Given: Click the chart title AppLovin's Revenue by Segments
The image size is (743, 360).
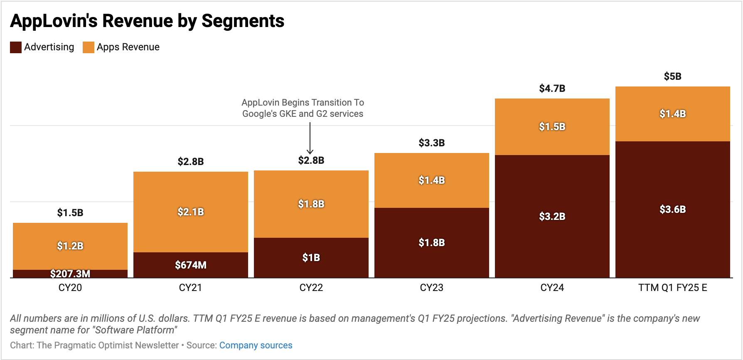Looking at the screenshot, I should point(147,21).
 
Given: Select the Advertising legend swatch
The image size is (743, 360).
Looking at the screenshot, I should point(16,47).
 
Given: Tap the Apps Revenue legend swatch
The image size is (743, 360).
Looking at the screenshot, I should point(89,47).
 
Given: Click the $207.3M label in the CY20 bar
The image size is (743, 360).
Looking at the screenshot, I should point(70,274).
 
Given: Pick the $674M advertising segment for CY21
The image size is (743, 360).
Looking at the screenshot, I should point(191,265).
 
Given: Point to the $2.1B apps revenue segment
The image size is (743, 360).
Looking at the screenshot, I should point(191,212).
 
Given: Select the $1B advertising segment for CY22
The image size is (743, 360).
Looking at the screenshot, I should point(311,258).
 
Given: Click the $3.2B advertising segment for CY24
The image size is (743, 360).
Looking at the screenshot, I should point(552,216).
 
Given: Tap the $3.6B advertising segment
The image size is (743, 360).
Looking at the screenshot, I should point(673,209).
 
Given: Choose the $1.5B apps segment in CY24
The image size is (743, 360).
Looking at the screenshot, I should point(552,127).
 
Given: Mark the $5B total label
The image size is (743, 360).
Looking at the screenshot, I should point(673,76).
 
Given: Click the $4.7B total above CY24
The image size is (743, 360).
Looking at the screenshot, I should point(552,89).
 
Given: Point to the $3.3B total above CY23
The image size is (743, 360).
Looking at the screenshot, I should point(432,143).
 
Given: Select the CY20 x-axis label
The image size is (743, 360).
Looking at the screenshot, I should point(70,288).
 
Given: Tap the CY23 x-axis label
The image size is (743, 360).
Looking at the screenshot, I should point(432,288).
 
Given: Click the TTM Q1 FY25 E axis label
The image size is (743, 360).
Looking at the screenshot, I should point(673,288).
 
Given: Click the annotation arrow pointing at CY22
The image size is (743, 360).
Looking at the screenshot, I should point(310,139).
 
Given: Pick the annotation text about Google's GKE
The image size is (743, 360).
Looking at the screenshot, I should point(303,108).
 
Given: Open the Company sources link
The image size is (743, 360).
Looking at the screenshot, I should point(256,345).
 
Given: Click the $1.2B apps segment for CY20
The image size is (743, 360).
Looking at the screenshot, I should point(70,246).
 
